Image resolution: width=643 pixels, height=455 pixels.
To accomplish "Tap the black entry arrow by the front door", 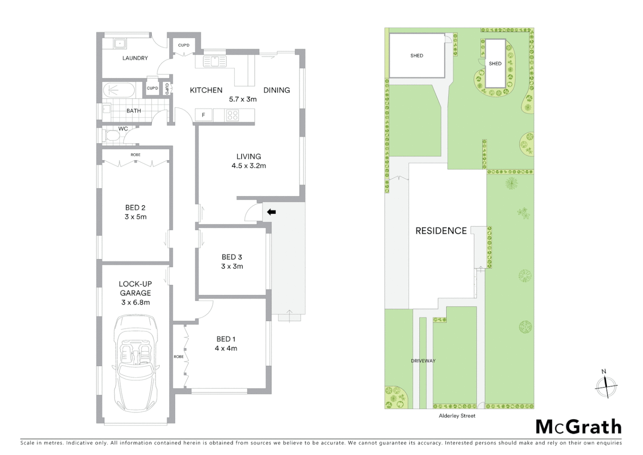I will pyautogui.click(x=271, y=212).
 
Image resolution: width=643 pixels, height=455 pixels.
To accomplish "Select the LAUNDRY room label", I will pyautogui.click(x=135, y=58).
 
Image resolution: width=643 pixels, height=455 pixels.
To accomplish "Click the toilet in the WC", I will pyautogui.click(x=111, y=136).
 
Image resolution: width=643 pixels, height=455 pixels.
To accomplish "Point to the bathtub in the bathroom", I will pyautogui.click(x=119, y=90).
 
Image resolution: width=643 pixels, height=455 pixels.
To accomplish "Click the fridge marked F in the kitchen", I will pyautogui.click(x=203, y=115).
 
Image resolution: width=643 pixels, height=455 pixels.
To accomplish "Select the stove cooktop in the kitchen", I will pyautogui.click(x=232, y=115).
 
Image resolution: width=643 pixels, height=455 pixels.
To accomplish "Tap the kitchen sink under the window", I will pyautogui.click(x=215, y=62).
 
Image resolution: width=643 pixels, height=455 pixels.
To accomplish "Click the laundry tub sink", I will pyautogui.click(x=120, y=43).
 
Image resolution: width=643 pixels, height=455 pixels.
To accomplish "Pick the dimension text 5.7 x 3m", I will pyautogui.click(x=243, y=99).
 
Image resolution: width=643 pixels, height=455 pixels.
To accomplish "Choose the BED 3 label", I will pyautogui.click(x=232, y=257).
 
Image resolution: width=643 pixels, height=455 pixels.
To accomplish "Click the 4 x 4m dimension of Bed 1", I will pyautogui.click(x=226, y=348).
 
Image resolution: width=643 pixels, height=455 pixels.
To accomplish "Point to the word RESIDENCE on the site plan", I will pyautogui.click(x=441, y=231).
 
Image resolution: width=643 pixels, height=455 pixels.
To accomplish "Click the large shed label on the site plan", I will pyautogui.click(x=417, y=56).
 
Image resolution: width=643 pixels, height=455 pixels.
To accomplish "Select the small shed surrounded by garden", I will pyautogui.click(x=495, y=64).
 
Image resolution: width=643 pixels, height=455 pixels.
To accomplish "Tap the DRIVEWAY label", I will pyautogui.click(x=423, y=361).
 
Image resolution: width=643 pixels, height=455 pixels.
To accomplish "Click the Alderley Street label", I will pyautogui.click(x=457, y=416).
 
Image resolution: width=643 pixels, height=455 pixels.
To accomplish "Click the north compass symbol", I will pyautogui.click(x=606, y=385).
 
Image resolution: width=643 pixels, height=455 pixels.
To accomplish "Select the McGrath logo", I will pyautogui.click(x=579, y=427).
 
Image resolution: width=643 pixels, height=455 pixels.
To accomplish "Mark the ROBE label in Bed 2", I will pyautogui.click(x=136, y=155).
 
